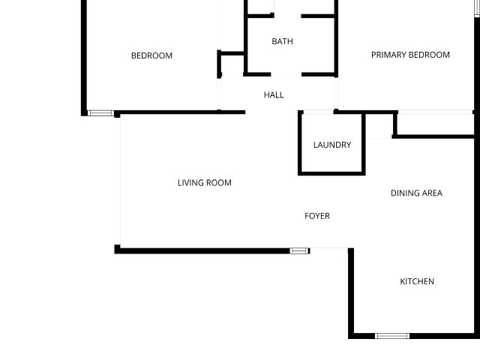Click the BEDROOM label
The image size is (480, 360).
pos(151,55)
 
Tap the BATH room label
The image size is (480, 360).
pos(282,41)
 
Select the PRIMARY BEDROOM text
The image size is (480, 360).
pos(410,55)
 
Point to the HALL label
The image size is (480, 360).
pos(274,95)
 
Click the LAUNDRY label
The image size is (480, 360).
pos(332,145)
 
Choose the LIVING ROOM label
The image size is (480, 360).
pos(205,183)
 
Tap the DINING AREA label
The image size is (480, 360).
pos(416,193)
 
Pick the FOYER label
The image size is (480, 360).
pos(317,216)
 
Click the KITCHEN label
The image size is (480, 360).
pos(417,281)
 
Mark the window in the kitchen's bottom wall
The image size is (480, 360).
pos(392,336)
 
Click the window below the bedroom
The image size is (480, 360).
pos(100,113)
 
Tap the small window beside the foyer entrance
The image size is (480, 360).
pos(300,251)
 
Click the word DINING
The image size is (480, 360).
pos(404,193)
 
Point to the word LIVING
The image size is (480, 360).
pos(190,183)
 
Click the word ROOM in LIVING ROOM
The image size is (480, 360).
pos(218,183)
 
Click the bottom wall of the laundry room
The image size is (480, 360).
pos(331,173)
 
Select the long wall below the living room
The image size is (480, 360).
pos(202,251)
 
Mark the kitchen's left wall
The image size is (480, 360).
pos(351,293)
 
